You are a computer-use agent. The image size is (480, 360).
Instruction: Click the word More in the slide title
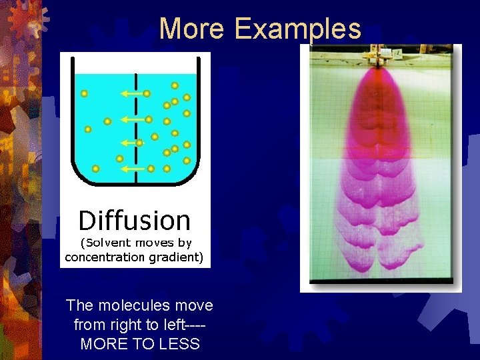pos(193,29)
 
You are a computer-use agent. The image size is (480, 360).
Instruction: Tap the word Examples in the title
pos(298,29)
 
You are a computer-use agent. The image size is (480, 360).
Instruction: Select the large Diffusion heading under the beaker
pos(135,220)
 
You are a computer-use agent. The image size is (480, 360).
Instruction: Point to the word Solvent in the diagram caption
pos(109,243)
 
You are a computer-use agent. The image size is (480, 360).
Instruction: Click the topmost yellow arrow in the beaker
pos(133,94)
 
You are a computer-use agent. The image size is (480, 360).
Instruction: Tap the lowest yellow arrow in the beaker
pos(134,169)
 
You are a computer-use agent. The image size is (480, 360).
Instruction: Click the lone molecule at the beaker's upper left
pos(84,94)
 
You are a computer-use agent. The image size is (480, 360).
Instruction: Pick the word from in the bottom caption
pos(88,325)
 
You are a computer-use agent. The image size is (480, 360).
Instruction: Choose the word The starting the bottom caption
pos(79,305)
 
